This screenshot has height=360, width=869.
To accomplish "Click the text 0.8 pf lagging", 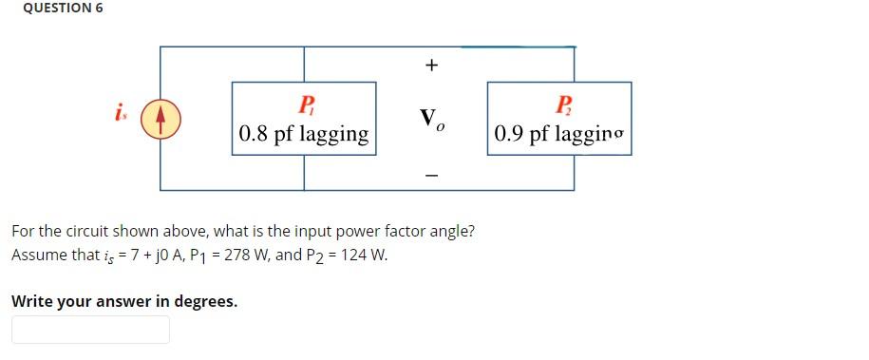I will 304,134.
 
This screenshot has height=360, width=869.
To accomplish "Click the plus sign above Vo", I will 432,66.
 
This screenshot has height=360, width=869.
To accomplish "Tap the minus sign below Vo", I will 432,176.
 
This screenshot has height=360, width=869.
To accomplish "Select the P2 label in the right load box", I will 562,104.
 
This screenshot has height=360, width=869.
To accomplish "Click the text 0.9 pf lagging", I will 560,134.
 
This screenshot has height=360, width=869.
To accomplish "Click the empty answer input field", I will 90,330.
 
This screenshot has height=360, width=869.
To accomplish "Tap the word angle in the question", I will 451,231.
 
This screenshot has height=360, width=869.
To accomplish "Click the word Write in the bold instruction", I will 31,302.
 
